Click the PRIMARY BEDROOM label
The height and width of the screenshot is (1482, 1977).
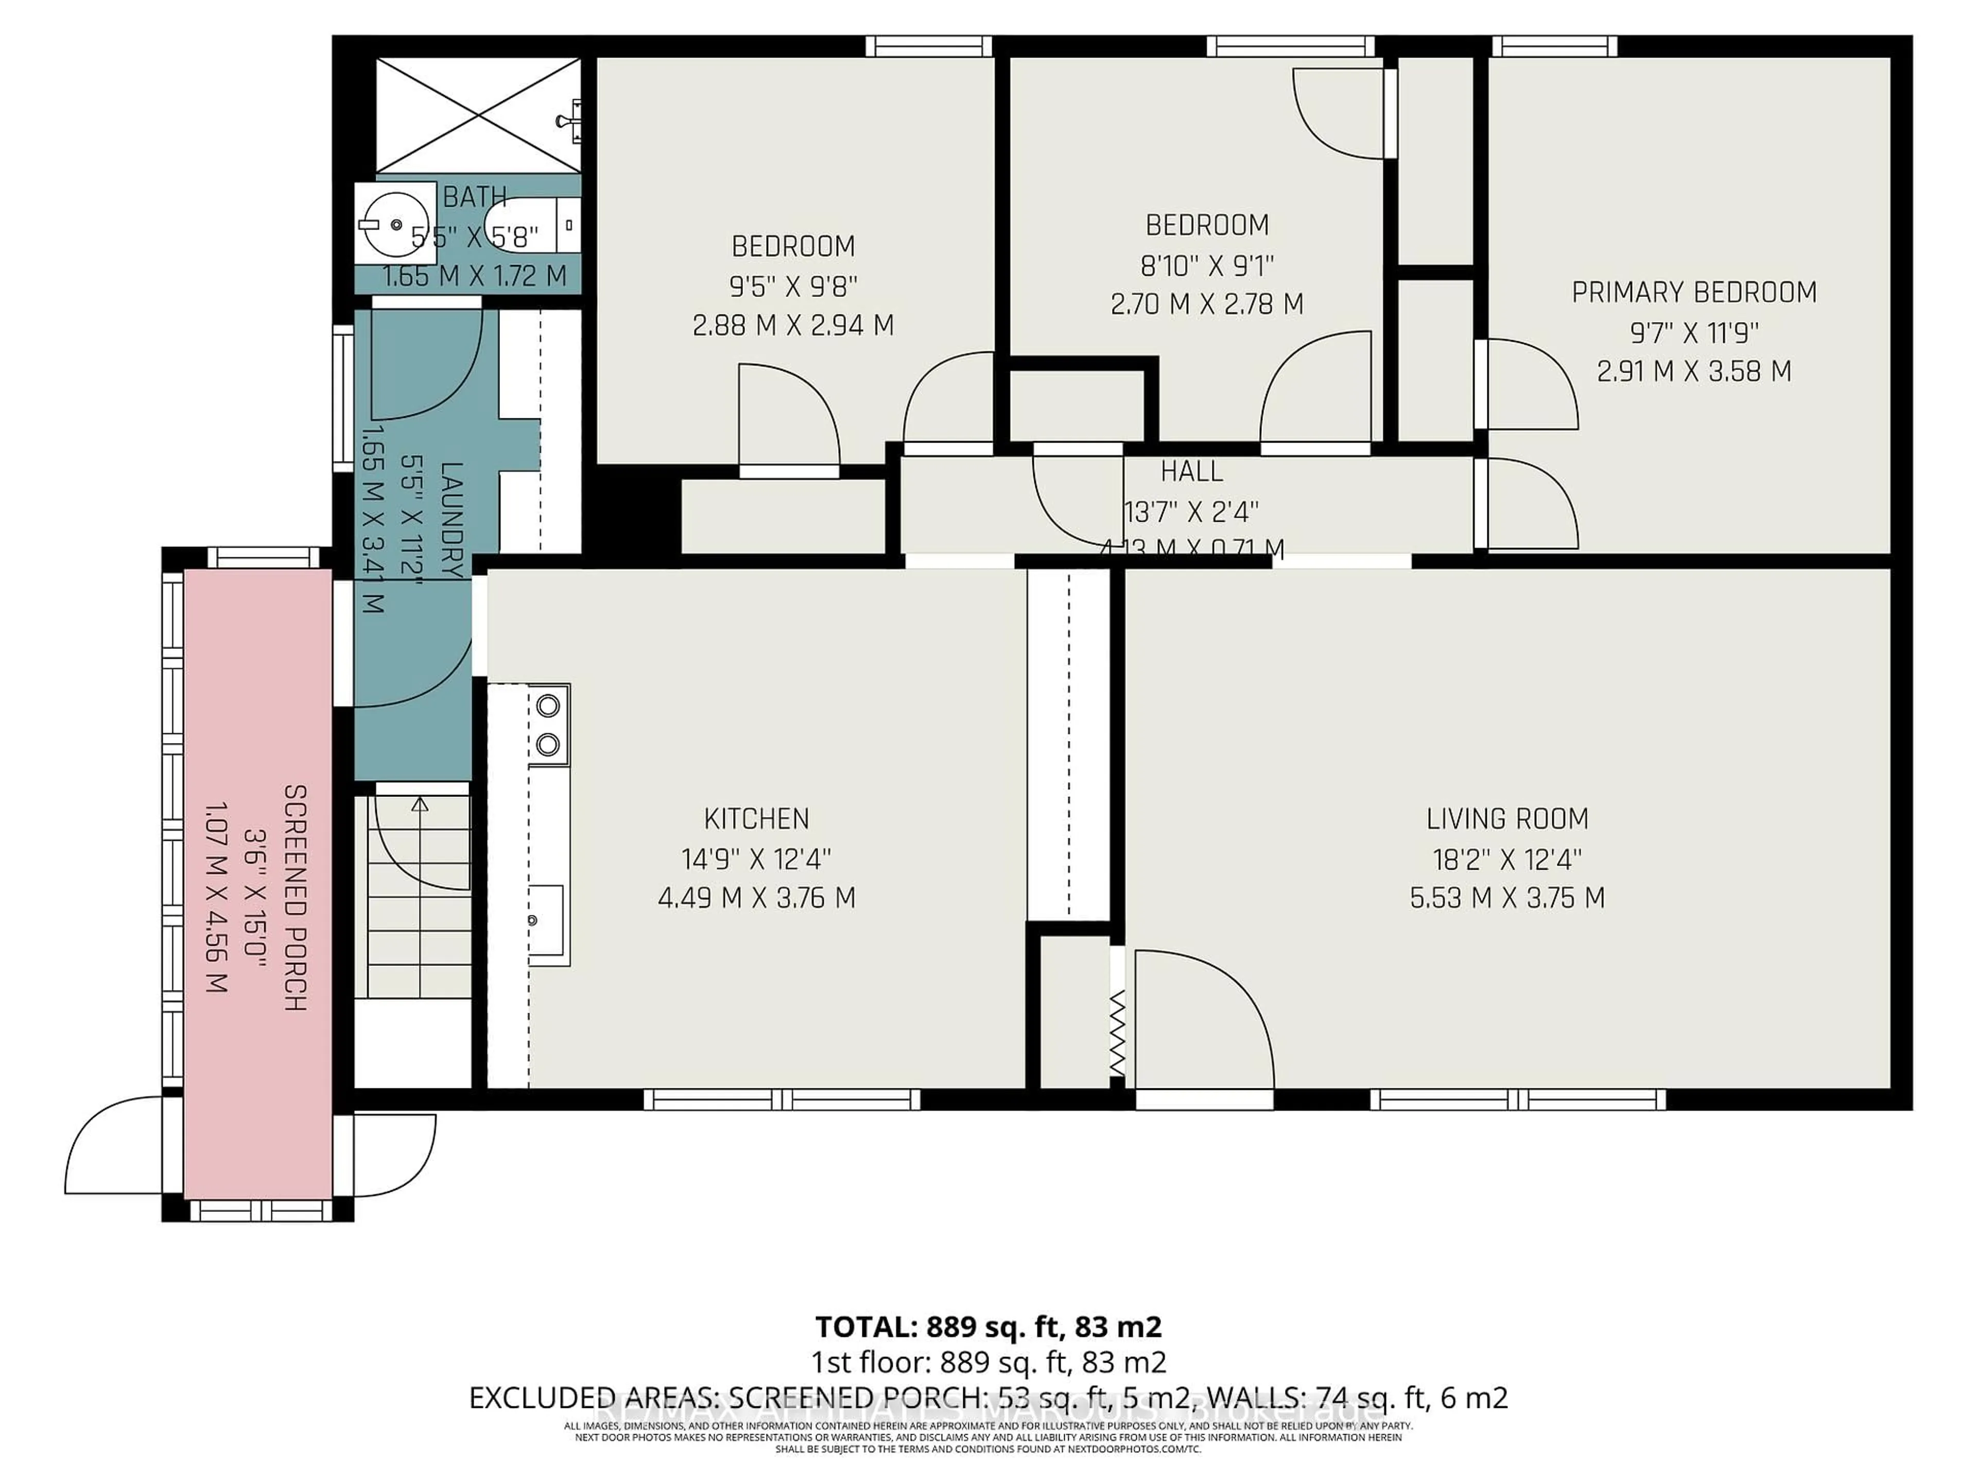pos(1694,292)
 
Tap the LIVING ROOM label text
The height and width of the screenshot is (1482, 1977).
pos(1507,818)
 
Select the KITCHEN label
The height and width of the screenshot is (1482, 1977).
pos(756,818)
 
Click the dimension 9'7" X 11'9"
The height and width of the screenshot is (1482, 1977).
pos(1694,332)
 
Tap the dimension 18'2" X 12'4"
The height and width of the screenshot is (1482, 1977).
pos(1507,859)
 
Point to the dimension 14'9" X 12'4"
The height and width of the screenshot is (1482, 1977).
pos(756,859)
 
